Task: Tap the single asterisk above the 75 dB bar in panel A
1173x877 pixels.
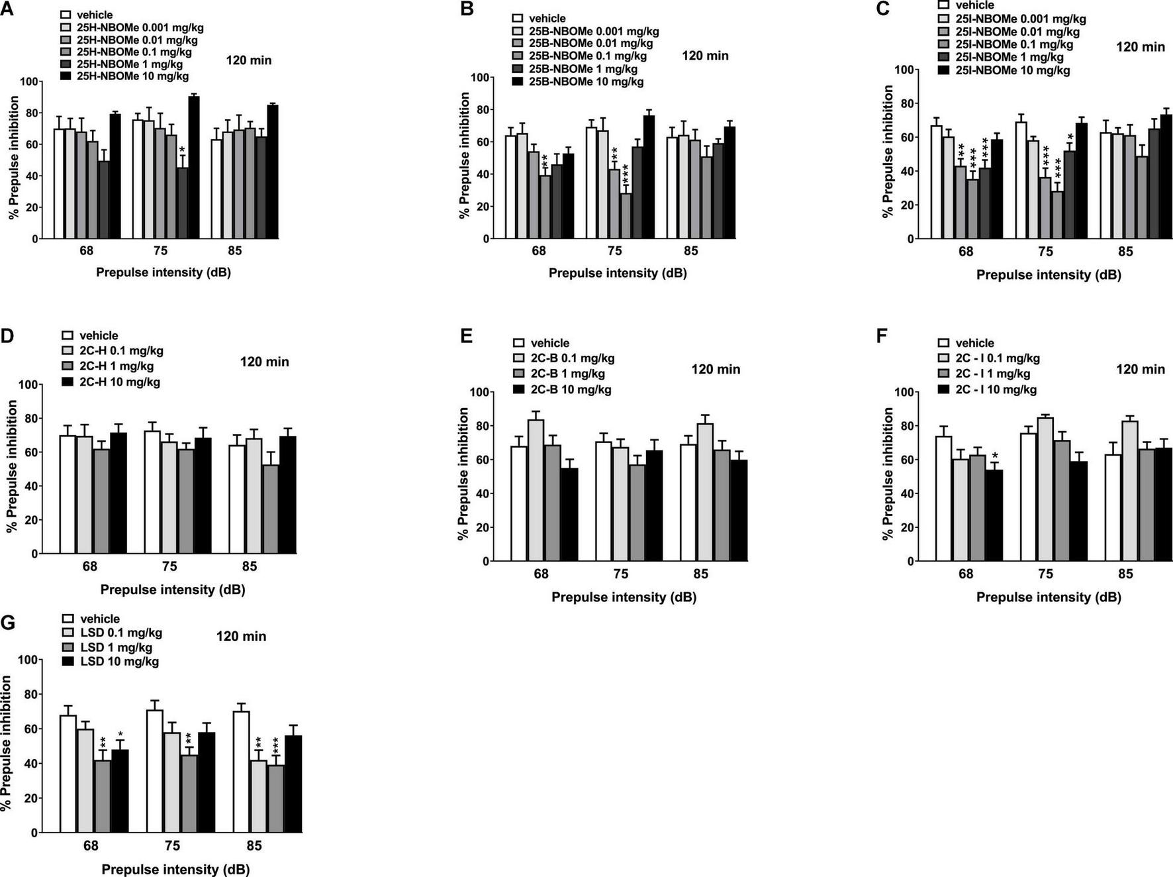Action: coord(182,150)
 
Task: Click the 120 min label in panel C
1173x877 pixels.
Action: coord(1140,47)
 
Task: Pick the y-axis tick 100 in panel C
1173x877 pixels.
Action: coord(904,70)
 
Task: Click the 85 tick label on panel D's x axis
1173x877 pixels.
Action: coord(249,566)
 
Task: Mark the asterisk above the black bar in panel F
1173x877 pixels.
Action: coord(994,456)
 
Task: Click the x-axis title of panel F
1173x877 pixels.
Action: coord(1049,597)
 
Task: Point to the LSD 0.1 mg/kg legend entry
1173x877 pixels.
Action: coord(120,633)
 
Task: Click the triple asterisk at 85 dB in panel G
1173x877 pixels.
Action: coord(275,745)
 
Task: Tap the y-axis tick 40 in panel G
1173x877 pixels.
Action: coord(28,764)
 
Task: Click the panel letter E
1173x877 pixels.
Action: coord(466,336)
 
